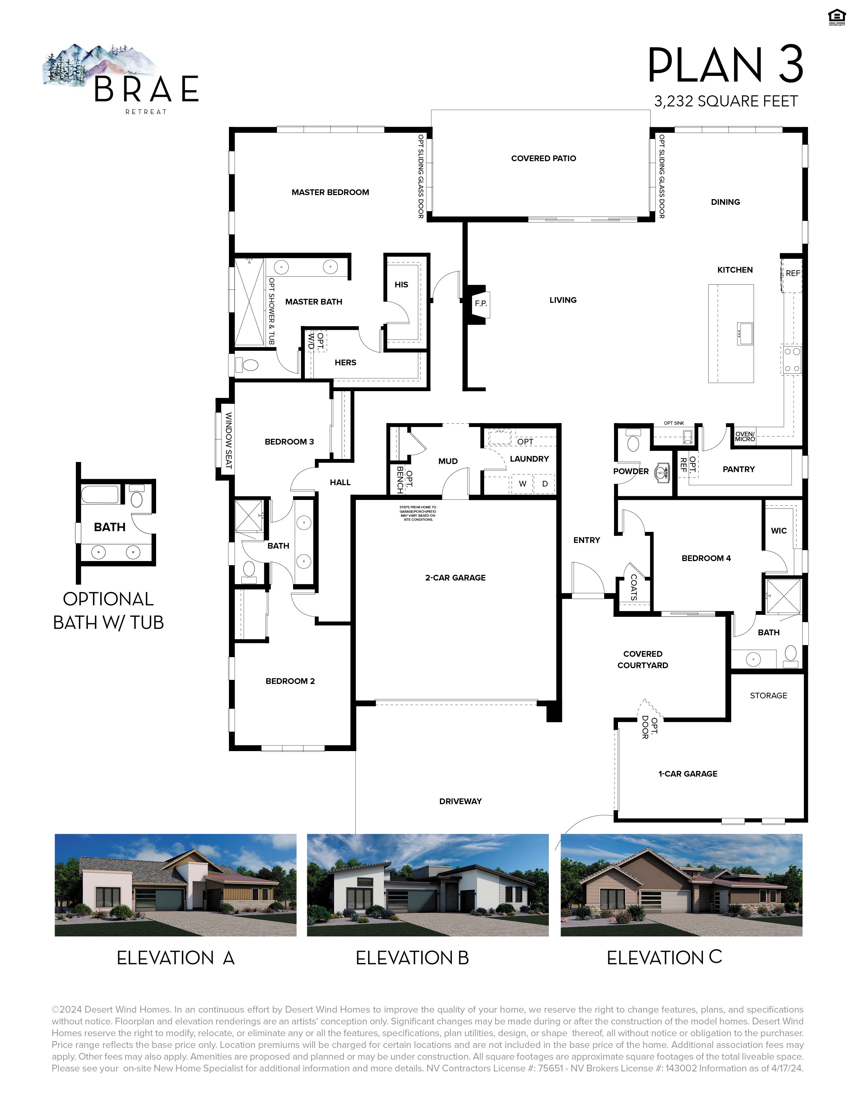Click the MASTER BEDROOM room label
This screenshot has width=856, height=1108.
330,192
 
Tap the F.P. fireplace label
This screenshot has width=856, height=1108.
480,304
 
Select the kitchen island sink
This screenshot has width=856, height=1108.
745,333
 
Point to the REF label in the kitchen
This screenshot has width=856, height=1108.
793,273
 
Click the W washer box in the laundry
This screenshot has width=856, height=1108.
522,483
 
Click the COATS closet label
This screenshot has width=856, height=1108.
633,587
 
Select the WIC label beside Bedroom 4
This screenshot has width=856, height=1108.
778,530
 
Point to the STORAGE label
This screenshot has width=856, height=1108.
768,696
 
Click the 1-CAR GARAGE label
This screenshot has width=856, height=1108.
687,774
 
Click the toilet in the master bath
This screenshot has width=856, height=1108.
248,364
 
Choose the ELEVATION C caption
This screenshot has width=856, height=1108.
664,957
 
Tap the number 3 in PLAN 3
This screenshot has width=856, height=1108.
791,64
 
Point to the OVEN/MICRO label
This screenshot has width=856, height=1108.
745,436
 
